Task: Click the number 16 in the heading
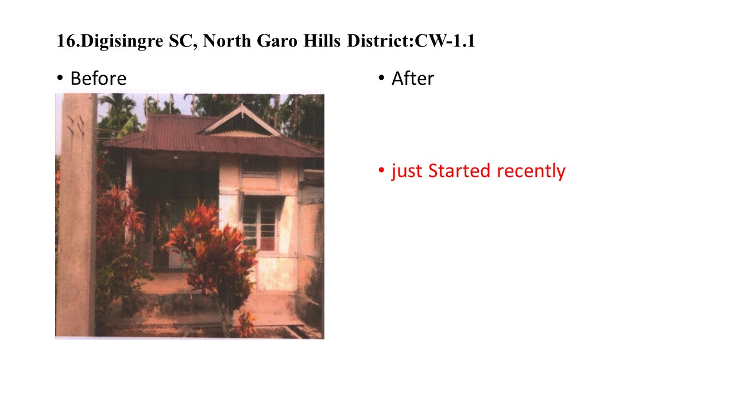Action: coord(66,41)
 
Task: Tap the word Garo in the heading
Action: coord(277,41)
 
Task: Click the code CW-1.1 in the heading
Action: coord(444,41)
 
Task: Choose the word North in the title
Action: coord(227,41)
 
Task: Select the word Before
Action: coord(98,79)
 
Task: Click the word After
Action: coord(413,79)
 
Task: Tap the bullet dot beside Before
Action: coord(60,78)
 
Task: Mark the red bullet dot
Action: coord(381,170)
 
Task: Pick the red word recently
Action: coord(531,172)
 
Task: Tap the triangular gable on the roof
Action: coord(241,120)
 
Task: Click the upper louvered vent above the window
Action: coord(260,168)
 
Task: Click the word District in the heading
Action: coord(378,41)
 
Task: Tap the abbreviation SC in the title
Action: coord(183,41)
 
